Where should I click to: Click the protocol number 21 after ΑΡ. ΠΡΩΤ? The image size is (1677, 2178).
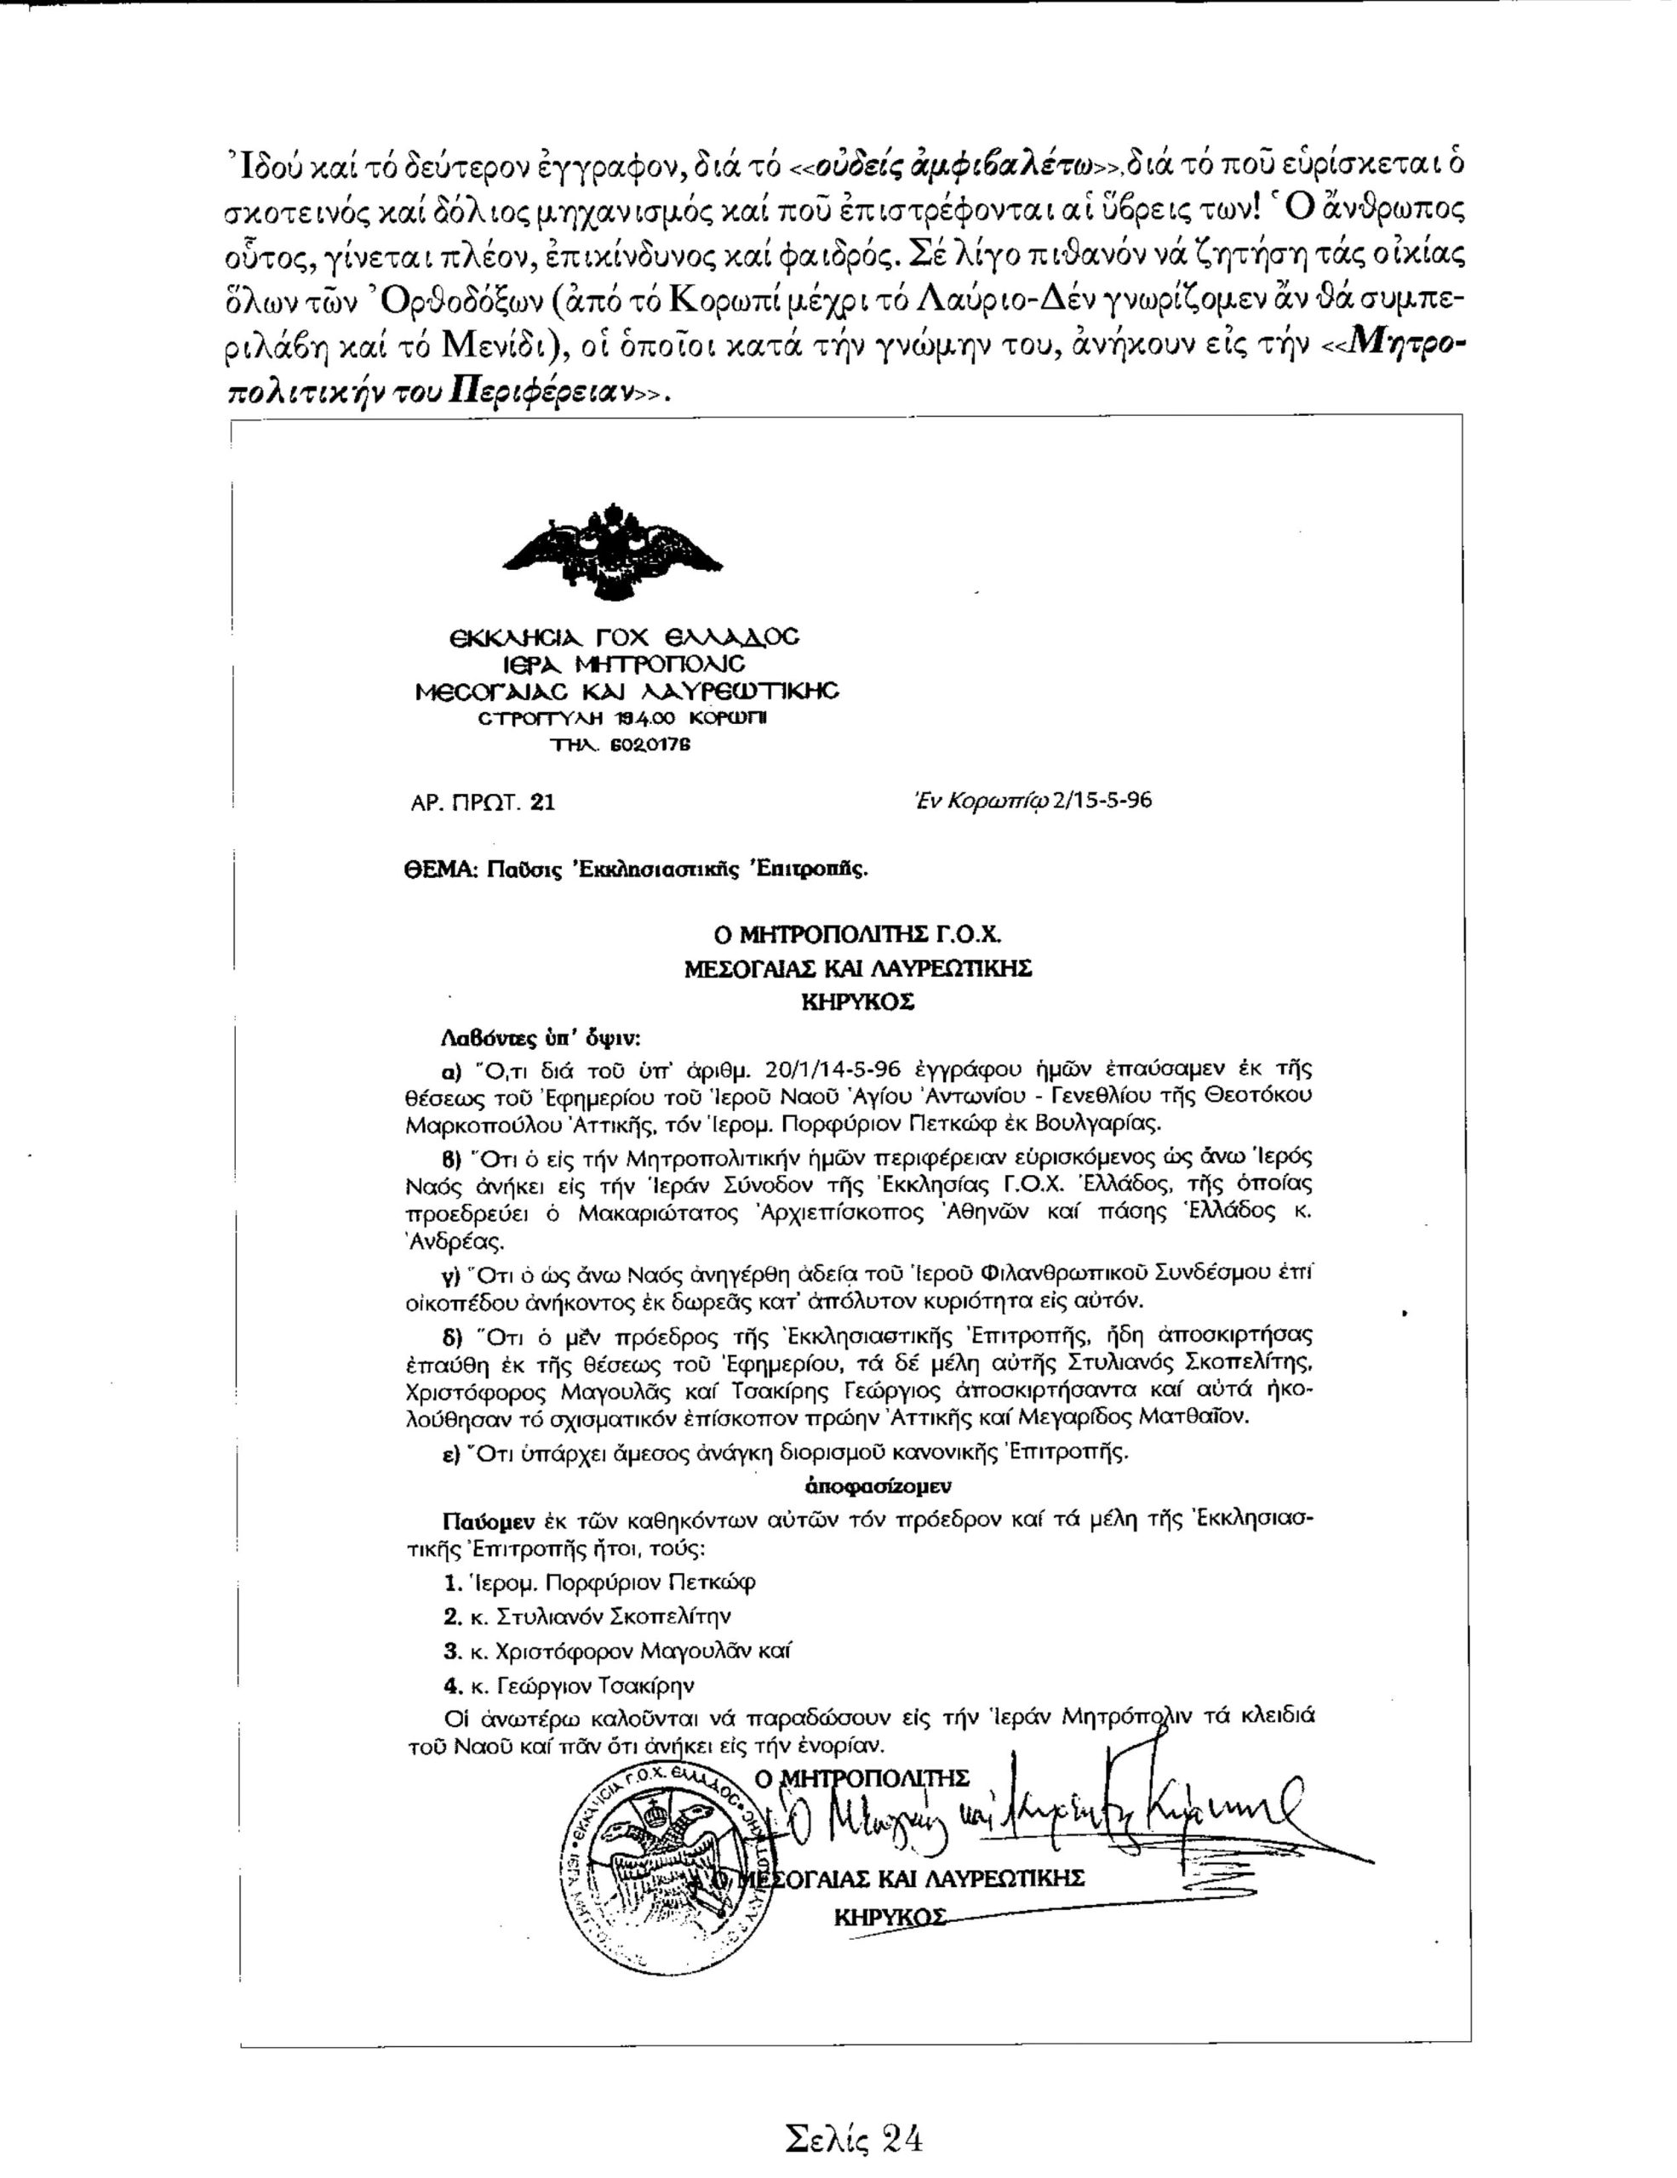coord(543,801)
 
